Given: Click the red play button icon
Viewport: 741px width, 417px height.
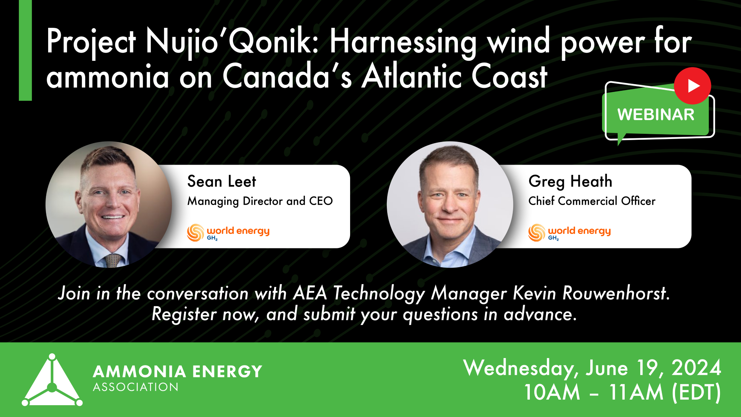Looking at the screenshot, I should click(692, 86).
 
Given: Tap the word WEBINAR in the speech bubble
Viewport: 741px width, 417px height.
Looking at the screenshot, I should click(656, 115).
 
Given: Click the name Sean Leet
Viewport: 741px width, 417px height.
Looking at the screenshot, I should click(222, 182).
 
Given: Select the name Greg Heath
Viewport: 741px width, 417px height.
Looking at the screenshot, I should click(570, 182).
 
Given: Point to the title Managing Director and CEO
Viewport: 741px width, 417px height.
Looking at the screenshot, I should click(260, 201).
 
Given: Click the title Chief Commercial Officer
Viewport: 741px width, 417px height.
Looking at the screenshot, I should click(592, 201).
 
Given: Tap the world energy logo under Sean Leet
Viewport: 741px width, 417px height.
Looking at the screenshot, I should click(228, 232).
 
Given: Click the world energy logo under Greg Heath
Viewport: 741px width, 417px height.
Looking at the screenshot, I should click(569, 232).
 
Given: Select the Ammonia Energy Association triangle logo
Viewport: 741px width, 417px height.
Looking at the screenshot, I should click(52, 382).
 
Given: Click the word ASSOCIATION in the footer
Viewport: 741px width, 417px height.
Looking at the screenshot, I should click(136, 387).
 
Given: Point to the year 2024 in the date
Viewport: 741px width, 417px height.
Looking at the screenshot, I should click(696, 368).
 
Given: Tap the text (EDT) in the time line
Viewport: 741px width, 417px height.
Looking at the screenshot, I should click(697, 392).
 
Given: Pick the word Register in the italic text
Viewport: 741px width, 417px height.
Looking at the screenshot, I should click(184, 314).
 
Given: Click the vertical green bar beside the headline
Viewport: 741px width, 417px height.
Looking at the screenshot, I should click(25, 50).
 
